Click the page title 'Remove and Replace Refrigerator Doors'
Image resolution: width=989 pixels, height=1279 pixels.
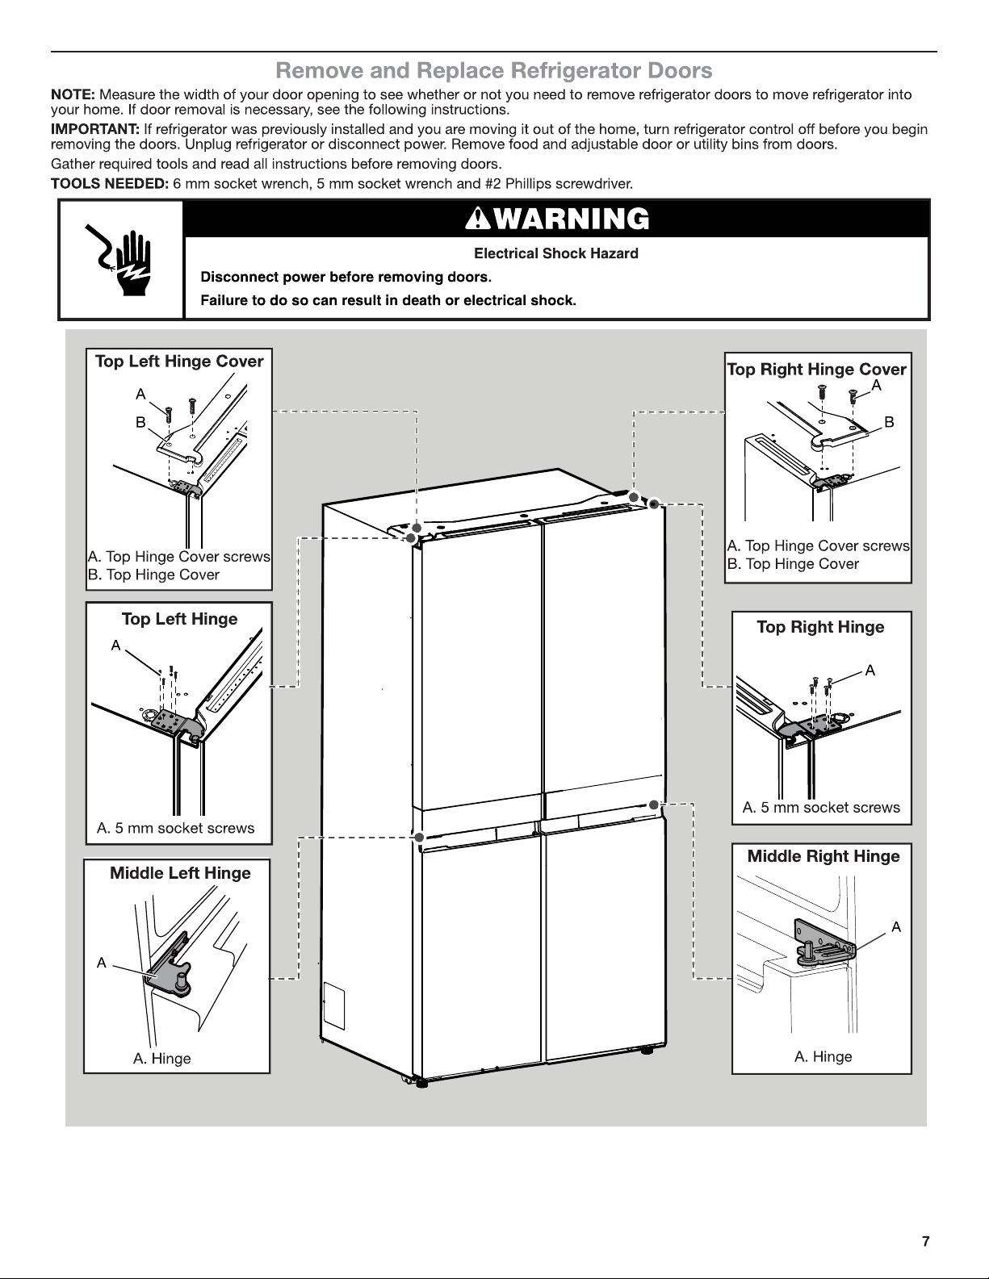494,71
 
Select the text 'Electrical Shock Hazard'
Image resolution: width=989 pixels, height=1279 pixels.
555,253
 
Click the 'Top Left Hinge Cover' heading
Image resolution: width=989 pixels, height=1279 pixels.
179,362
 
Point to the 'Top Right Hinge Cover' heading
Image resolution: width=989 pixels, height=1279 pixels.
816,370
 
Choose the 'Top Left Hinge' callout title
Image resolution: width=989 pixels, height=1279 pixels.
179,619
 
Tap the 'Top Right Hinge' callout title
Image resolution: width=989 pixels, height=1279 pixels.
820,627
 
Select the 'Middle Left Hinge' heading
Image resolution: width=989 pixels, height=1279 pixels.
180,873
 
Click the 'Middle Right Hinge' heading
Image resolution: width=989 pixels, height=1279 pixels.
823,856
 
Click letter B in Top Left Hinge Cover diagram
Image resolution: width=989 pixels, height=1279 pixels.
140,422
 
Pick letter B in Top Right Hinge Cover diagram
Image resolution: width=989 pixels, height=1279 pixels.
889,422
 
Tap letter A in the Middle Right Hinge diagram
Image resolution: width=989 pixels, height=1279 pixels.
896,927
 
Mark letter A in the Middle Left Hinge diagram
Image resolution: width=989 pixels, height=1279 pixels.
102,963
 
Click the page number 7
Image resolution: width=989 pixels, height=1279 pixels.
926,1241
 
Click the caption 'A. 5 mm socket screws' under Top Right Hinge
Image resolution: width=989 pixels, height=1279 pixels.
821,807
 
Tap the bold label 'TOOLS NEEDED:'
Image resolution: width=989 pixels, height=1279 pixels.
110,183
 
